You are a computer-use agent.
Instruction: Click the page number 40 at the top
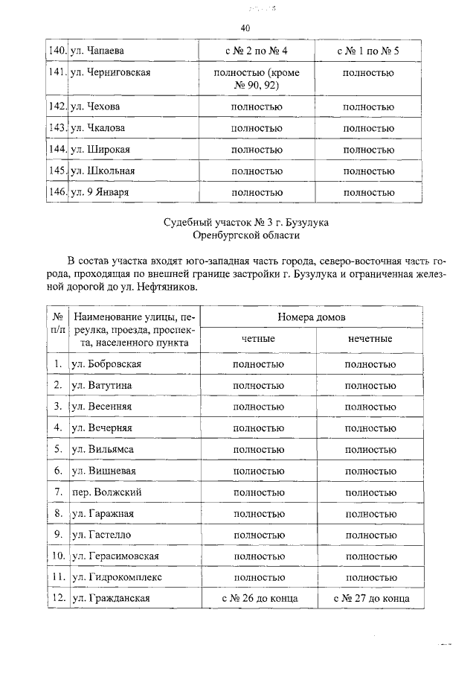click(x=245, y=28)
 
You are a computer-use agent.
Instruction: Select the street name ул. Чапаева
click(x=97, y=51)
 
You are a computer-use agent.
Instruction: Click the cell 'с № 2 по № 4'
click(x=257, y=51)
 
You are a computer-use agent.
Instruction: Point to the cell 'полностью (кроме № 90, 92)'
click(x=257, y=79)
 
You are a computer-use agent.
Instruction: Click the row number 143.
click(x=57, y=128)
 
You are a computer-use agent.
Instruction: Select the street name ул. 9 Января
click(x=99, y=192)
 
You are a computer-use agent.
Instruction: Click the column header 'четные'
click(x=258, y=339)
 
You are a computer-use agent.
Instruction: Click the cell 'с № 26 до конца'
click(x=258, y=599)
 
